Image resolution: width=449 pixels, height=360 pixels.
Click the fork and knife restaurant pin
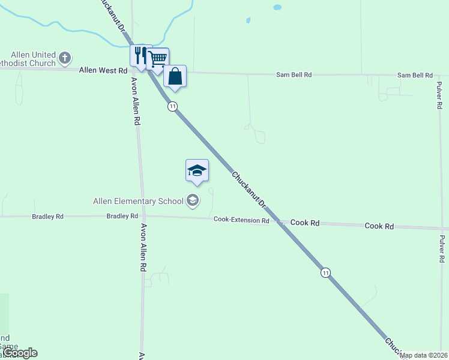click(x=140, y=55)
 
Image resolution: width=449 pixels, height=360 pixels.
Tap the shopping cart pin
click(x=158, y=59)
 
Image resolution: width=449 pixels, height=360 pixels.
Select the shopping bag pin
click(x=175, y=76)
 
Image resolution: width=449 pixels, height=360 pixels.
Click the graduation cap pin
click(x=197, y=170)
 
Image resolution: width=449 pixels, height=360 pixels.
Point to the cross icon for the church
click(x=65, y=59)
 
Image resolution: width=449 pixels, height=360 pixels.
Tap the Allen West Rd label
click(x=103, y=71)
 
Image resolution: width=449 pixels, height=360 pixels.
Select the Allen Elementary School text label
click(x=138, y=201)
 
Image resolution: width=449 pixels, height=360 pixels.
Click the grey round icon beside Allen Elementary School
click(x=193, y=200)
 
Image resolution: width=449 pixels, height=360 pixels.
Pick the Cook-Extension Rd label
click(x=241, y=220)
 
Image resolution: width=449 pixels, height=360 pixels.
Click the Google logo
click(x=20, y=353)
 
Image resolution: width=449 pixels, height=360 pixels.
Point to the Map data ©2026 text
click(x=424, y=356)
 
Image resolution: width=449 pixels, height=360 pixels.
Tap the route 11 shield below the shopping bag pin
click(x=173, y=106)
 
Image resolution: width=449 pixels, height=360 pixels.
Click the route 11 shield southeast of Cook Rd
click(x=325, y=272)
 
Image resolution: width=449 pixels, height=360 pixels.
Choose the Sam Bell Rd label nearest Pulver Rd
click(x=415, y=75)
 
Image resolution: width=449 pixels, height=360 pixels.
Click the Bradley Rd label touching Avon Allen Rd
click(x=122, y=216)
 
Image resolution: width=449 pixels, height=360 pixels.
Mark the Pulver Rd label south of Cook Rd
click(x=442, y=248)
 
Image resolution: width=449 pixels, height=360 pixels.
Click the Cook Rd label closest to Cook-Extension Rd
click(x=304, y=223)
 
